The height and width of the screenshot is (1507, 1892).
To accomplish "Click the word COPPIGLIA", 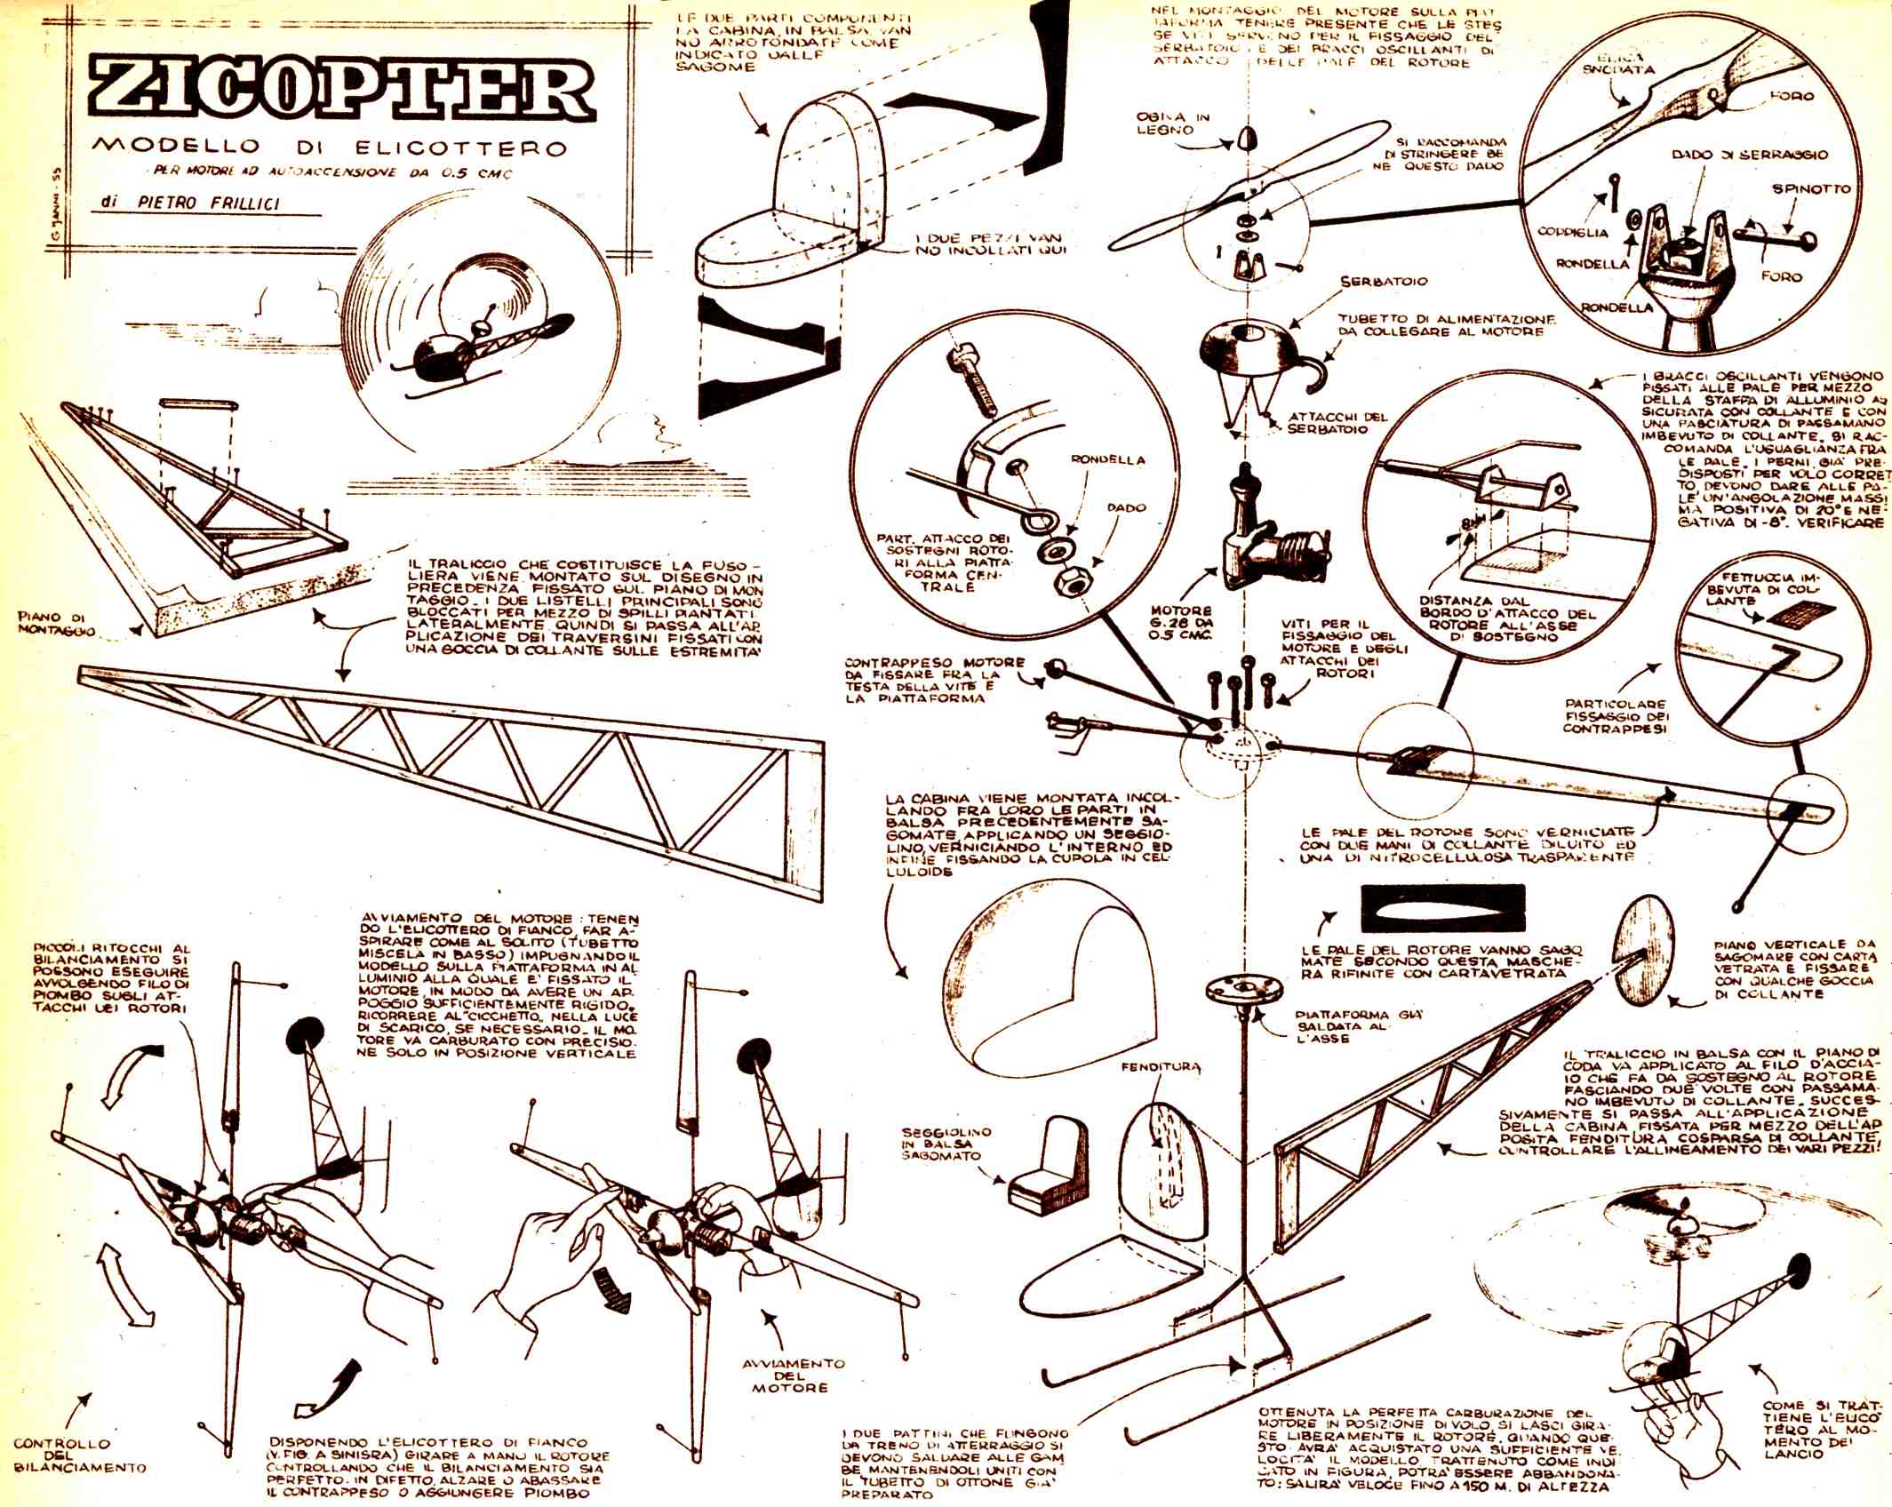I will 1573,233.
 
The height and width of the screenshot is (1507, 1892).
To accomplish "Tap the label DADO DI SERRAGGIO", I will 1750,154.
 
